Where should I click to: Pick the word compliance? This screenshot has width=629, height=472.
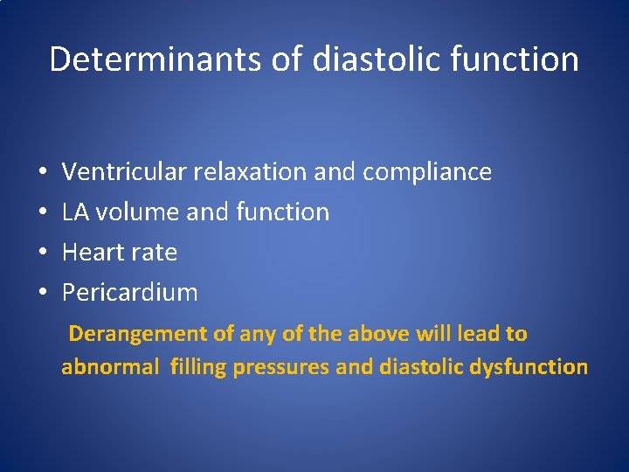tap(427, 173)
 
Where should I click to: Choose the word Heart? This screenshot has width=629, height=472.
tap(93, 253)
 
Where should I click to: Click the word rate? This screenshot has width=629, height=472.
tap(155, 253)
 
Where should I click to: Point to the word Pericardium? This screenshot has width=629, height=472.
tap(129, 293)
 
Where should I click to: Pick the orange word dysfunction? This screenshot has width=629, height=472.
tap(529, 367)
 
